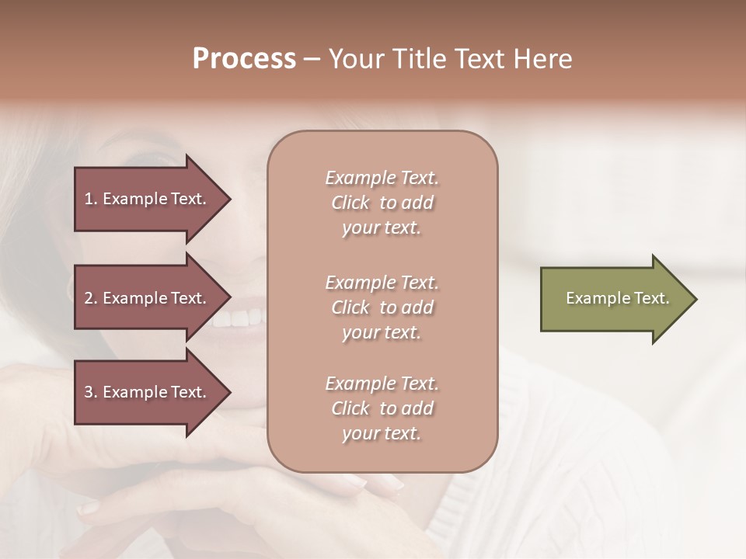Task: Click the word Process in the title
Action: [x=244, y=59]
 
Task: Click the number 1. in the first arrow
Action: [x=91, y=199]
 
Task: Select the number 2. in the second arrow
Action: [x=91, y=298]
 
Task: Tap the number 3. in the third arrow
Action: [x=91, y=392]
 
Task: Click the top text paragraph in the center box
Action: [x=382, y=203]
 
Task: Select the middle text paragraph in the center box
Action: [x=382, y=307]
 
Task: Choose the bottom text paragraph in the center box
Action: [x=382, y=408]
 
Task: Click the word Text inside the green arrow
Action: [x=652, y=298]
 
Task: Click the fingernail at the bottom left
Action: [x=89, y=509]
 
